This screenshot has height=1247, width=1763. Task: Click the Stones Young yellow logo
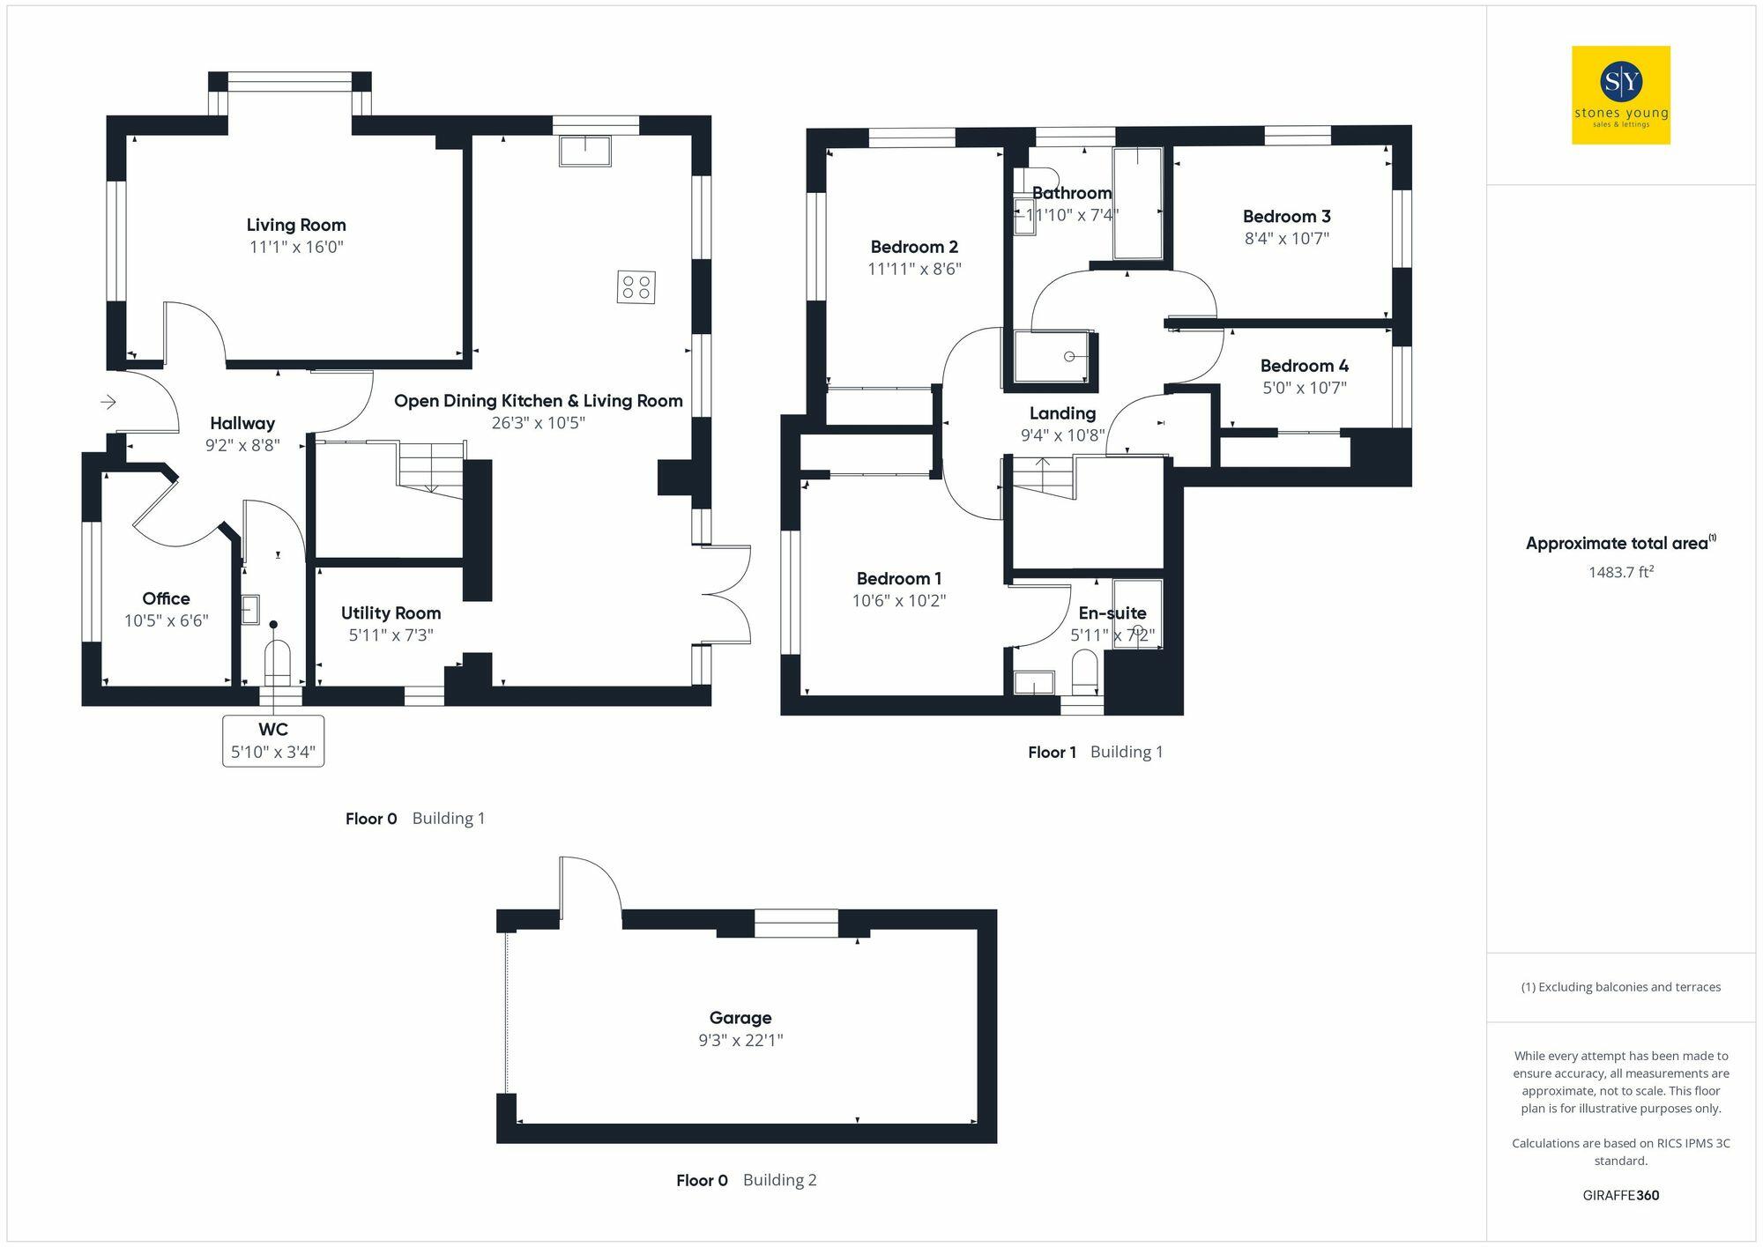pos(1620,95)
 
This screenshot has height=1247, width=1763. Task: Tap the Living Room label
pos(295,226)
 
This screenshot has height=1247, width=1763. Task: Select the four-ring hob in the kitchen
pos(636,287)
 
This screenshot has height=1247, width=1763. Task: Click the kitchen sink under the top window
pos(584,151)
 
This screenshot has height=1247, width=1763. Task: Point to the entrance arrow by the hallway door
pos(108,403)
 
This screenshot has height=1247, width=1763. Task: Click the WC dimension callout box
pos(273,741)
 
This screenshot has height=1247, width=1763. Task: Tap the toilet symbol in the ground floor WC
pos(277,662)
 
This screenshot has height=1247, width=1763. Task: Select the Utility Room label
pos(391,613)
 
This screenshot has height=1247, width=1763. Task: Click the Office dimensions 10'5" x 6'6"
pos(166,621)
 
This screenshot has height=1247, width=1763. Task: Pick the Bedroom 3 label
pos(1286,217)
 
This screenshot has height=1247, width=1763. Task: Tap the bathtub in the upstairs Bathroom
pos(1137,204)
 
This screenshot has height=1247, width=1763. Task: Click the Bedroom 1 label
pos(898,579)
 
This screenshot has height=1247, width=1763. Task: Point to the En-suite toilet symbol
pos(1084,672)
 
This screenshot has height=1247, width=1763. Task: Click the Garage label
pos(740,1018)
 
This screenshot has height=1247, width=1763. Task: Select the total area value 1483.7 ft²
pos(1620,573)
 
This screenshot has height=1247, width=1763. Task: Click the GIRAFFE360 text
pos(1620,1196)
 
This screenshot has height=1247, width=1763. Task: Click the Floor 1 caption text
pos(1052,753)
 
